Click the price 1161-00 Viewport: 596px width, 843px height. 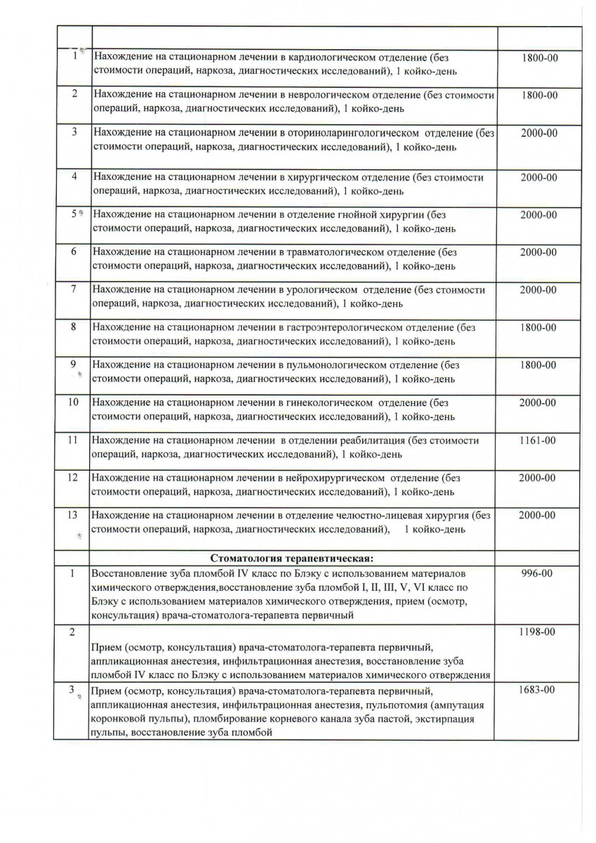point(538,440)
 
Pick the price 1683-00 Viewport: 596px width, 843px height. point(538,691)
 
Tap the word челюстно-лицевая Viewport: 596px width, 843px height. point(383,516)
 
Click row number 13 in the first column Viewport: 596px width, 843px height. point(72,515)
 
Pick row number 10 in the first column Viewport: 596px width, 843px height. point(72,403)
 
